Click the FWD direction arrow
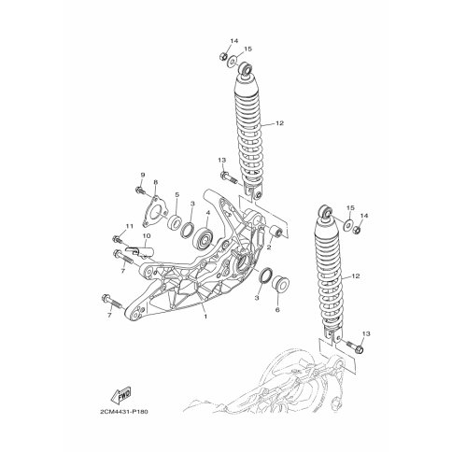tap(120, 395)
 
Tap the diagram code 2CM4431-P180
tap(124, 412)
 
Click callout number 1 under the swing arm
tap(205, 317)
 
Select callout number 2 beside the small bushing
tap(269, 247)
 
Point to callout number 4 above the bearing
tap(208, 213)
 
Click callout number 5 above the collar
tap(177, 195)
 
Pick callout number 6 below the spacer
tap(277, 309)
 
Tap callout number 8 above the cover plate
tap(156, 182)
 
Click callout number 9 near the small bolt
tap(143, 175)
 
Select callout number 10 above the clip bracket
tap(147, 236)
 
